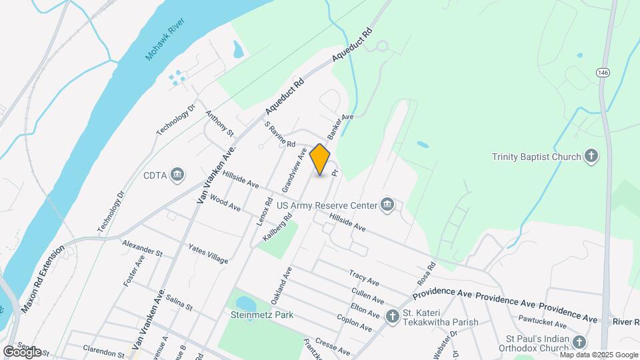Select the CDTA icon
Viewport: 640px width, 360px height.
pos(177,175)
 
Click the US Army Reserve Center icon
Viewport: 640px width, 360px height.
pos(387,204)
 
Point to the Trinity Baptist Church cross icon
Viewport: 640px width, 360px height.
pos(590,157)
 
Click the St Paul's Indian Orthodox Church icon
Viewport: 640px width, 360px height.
pos(579,343)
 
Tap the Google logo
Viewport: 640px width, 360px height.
pos(22,352)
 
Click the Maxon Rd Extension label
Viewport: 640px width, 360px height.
pos(43,279)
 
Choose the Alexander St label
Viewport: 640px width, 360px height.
pos(142,249)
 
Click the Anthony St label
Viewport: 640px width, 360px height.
pos(219,123)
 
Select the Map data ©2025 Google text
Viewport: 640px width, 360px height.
pos(595,355)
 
